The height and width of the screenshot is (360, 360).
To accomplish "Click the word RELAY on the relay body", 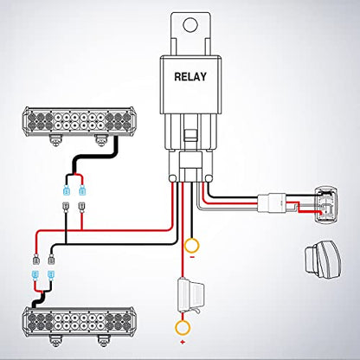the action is (190, 77).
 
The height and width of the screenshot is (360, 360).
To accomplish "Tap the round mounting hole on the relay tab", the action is (190, 24).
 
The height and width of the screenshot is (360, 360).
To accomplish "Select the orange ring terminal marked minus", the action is (191, 246).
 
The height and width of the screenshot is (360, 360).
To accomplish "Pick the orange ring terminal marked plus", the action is (183, 327).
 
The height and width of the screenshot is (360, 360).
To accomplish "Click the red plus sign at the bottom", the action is (183, 343).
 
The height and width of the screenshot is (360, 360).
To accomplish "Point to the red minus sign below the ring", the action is (193, 257).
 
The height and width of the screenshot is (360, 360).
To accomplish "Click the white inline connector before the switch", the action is (272, 202).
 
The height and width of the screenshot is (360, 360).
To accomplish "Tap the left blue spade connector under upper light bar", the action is (67, 190).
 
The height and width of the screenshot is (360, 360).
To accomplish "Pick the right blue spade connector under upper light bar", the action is (82, 190).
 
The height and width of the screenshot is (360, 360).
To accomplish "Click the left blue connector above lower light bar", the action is (35, 276).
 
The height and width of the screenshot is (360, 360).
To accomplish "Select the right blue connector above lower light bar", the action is (51, 276).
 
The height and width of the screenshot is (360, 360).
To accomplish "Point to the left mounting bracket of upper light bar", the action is (55, 140).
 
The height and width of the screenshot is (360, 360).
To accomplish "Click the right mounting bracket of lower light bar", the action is (102, 341).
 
